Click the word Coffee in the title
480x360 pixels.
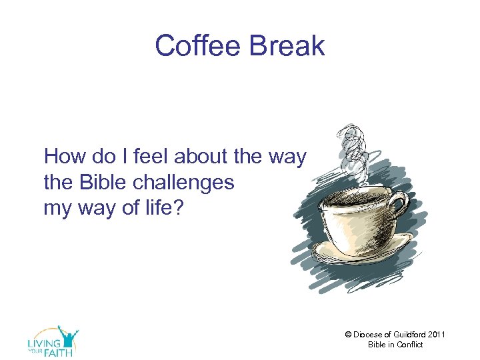click(x=193, y=46)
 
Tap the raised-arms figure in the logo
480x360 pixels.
click(x=67, y=334)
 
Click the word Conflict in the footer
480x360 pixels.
click(x=409, y=345)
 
